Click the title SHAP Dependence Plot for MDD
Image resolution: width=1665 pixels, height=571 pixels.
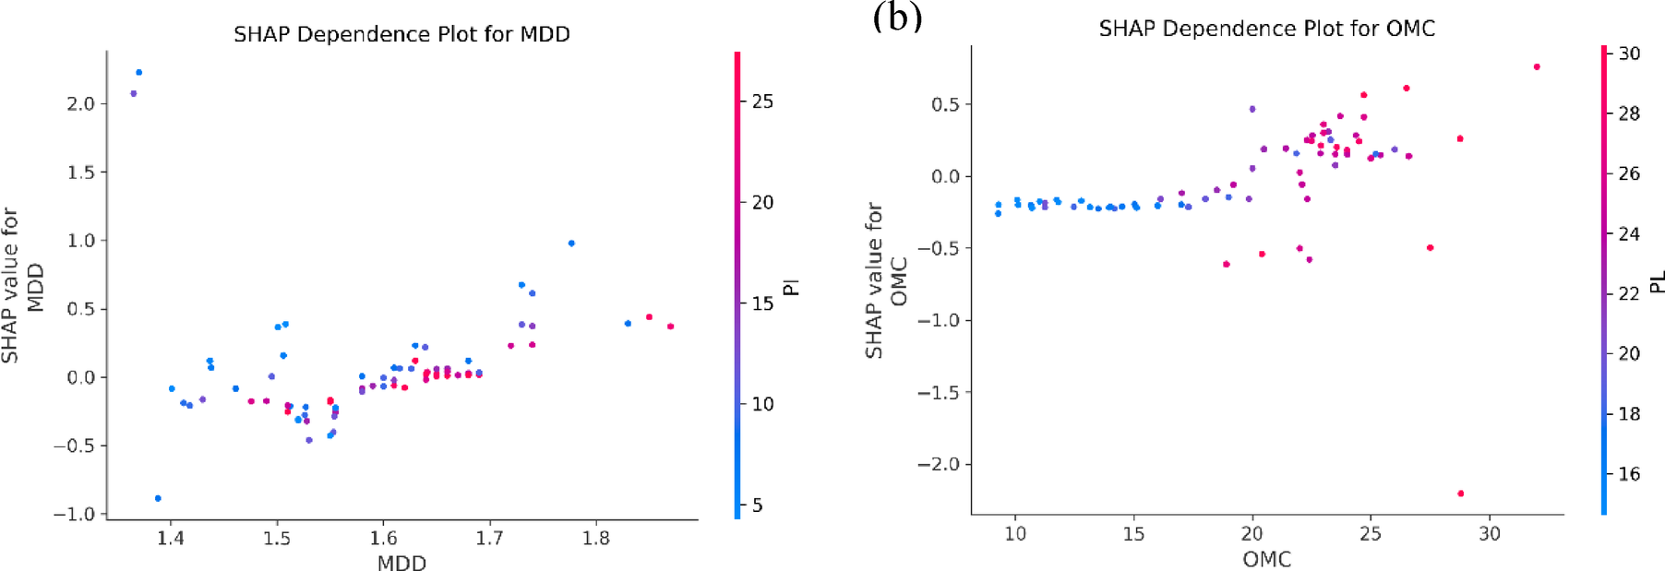point(401,34)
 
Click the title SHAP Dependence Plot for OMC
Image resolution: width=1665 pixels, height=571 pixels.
point(1266,29)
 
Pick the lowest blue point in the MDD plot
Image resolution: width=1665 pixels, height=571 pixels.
point(158,498)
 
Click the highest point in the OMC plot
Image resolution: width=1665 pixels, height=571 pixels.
point(1537,66)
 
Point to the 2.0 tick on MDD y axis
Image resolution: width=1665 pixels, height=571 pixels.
point(81,103)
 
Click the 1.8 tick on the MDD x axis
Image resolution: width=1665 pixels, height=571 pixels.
point(596,538)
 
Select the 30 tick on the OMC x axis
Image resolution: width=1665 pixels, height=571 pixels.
point(1489,533)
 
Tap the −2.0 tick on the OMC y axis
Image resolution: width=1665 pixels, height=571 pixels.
point(938,464)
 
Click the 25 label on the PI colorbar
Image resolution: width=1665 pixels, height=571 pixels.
point(762,101)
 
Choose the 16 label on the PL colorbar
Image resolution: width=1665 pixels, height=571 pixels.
point(1629,474)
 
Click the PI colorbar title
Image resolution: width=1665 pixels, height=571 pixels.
point(790,287)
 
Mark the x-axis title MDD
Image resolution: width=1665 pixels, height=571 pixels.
point(401,562)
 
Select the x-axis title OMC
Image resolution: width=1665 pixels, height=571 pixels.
point(1266,559)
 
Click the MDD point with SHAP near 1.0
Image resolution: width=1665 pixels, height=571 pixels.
point(571,244)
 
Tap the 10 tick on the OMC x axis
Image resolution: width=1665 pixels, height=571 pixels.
point(1015,533)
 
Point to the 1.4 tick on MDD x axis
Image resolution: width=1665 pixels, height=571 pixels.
point(170,538)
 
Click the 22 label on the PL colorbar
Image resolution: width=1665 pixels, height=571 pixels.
point(1629,293)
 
